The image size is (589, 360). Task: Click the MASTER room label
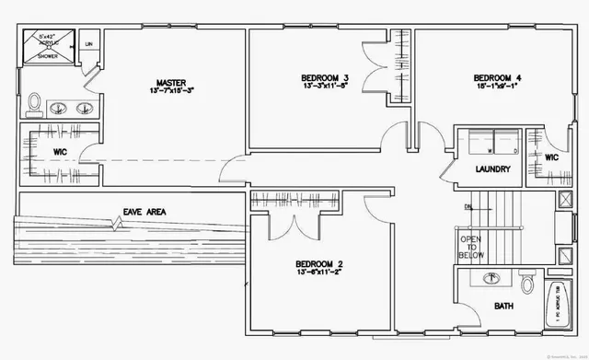(x=171, y=82)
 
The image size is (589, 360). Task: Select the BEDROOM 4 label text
(x=497, y=77)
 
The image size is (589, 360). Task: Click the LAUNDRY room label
(x=492, y=169)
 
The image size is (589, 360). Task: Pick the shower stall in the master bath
(x=47, y=46)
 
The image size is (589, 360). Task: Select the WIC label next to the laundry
(x=551, y=157)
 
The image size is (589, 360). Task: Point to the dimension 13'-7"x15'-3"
(x=171, y=92)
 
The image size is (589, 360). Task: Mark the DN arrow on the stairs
(x=469, y=207)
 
